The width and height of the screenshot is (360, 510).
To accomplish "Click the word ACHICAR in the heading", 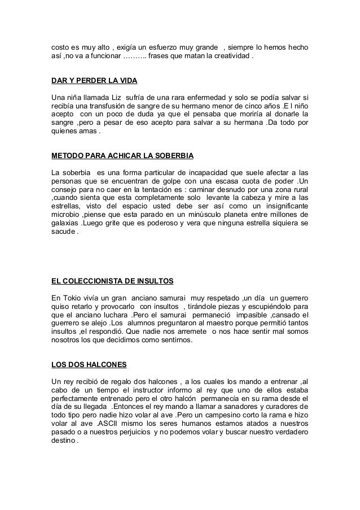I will point(115,155).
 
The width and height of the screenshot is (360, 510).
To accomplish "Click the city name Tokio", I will point(73,298).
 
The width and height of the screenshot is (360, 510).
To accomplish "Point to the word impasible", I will point(246,316).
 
